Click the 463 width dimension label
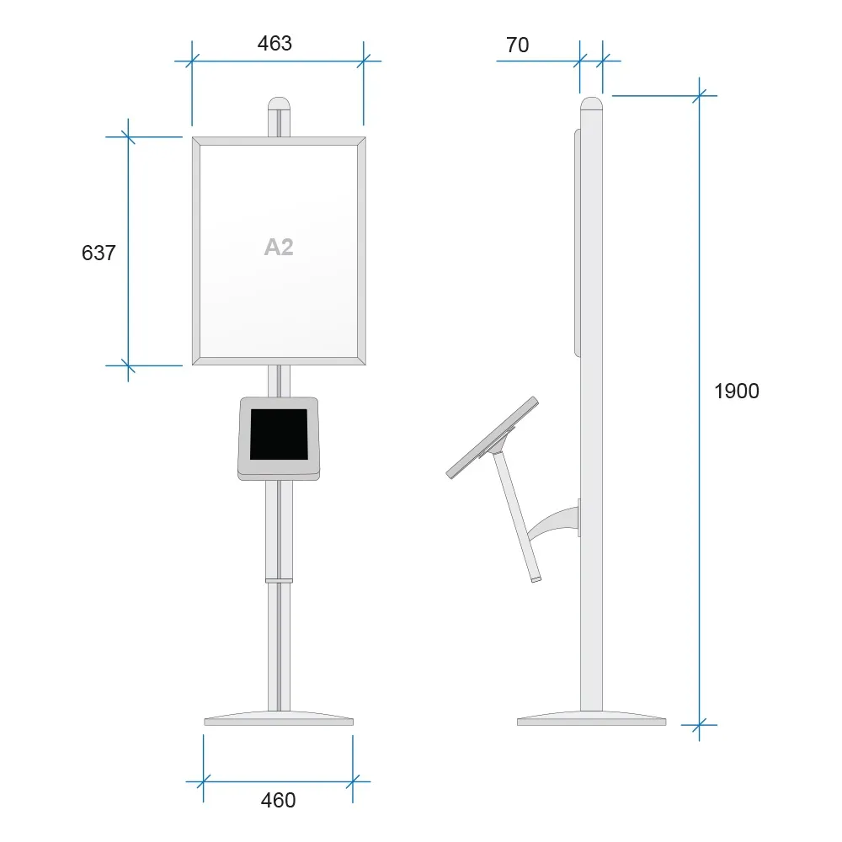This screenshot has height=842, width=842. pyautogui.click(x=274, y=44)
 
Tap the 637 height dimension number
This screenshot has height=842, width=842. pyautogui.click(x=99, y=253)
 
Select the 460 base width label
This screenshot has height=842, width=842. pyautogui.click(x=278, y=800)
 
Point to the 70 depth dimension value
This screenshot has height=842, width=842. pyautogui.click(x=518, y=45)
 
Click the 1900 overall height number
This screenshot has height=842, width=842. pyautogui.click(x=736, y=391)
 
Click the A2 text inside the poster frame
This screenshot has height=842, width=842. pyautogui.click(x=279, y=247)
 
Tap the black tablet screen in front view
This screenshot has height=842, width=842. pyautogui.click(x=279, y=434)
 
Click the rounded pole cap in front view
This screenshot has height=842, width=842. pyautogui.click(x=279, y=103)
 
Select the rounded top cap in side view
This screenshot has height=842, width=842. pyautogui.click(x=591, y=103)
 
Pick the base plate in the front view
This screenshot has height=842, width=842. pyautogui.click(x=279, y=718)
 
